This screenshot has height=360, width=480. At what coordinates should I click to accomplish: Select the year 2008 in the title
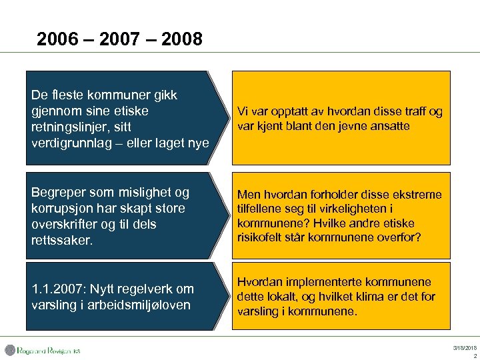181,40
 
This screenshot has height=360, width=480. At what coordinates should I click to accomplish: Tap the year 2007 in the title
120,40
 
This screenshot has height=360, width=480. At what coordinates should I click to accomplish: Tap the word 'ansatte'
388,126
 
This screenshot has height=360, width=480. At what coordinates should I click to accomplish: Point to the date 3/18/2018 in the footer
464,348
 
